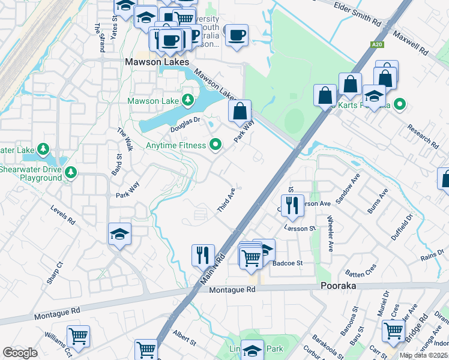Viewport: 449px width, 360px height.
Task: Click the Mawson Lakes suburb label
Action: click(157, 62)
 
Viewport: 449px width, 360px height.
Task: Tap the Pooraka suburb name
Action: click(338, 286)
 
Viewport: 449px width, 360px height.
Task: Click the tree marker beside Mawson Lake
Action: click(188, 100)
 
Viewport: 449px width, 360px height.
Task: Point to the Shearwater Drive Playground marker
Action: click(71, 173)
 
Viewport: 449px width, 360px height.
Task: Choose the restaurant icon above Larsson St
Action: click(292, 205)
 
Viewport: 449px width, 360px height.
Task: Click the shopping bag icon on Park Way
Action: click(240, 110)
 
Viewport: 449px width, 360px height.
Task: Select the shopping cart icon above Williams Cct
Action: click(78, 336)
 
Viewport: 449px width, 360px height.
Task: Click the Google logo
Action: click(20, 352)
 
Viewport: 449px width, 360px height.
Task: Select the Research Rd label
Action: click(422, 136)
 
